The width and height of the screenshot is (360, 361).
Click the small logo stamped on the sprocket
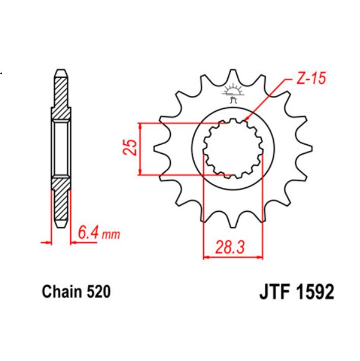(x=233, y=94)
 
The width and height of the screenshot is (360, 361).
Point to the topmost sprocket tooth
(x=233, y=77)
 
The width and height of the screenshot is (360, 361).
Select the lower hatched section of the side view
(x=60, y=201)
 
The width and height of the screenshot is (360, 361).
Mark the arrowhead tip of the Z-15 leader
(x=245, y=121)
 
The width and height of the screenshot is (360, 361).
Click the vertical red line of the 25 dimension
(x=139, y=149)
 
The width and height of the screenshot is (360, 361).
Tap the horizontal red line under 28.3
(x=233, y=258)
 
